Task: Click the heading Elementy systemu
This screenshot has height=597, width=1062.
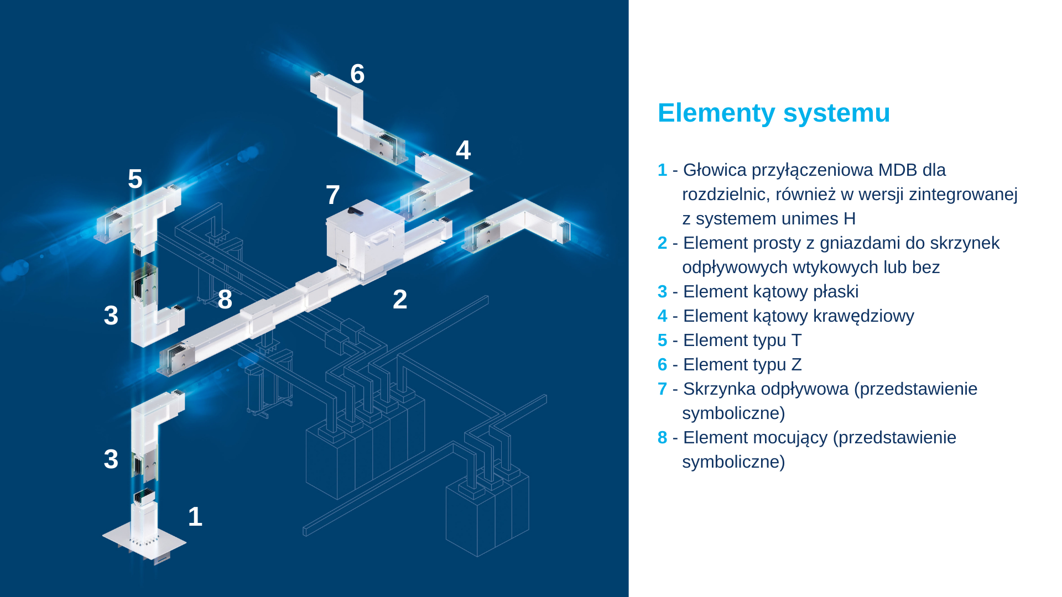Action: [774, 113]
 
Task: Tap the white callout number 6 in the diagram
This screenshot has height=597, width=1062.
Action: [357, 74]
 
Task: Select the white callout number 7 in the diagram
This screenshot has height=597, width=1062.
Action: [332, 195]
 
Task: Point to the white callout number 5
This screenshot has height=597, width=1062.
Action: [135, 179]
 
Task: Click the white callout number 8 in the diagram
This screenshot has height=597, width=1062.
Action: [225, 300]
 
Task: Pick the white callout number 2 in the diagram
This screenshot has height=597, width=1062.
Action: [400, 300]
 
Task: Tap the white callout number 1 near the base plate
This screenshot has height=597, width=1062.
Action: [195, 517]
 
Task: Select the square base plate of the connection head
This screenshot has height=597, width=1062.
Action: [144, 539]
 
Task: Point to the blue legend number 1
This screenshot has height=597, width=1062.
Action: [662, 170]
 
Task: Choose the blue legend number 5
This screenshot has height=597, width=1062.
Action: [663, 341]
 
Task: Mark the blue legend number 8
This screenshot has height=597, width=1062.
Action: [663, 438]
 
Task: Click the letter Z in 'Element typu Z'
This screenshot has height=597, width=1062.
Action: [796, 365]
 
